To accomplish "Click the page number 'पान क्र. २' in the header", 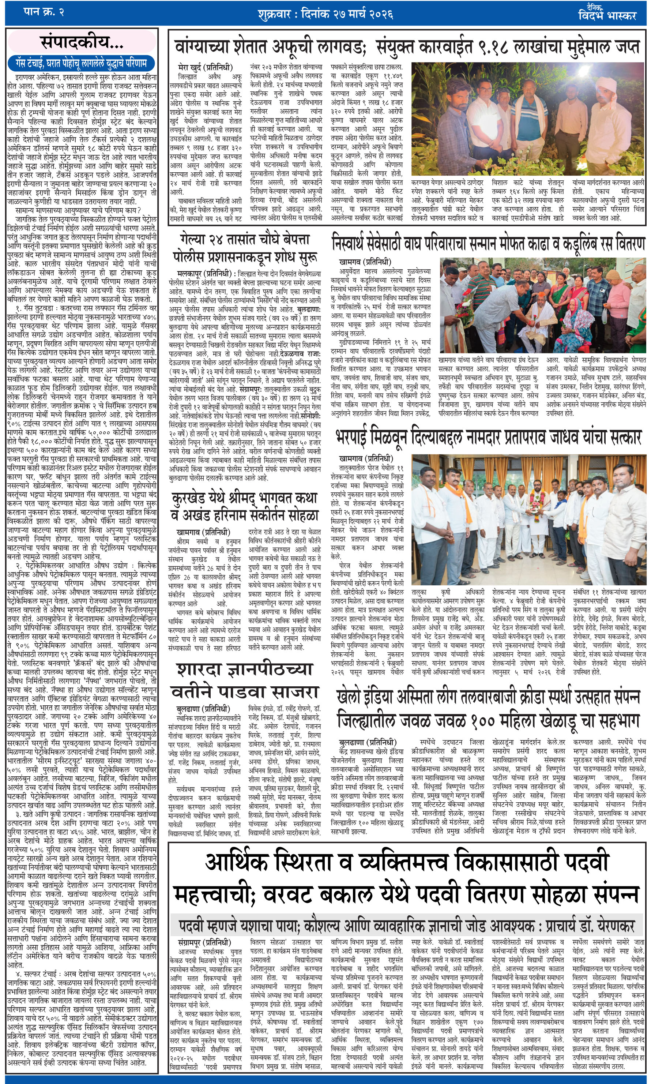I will pos(44,12).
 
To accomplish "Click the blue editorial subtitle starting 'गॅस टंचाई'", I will pos(82,63).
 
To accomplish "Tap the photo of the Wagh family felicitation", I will pos(542,305).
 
